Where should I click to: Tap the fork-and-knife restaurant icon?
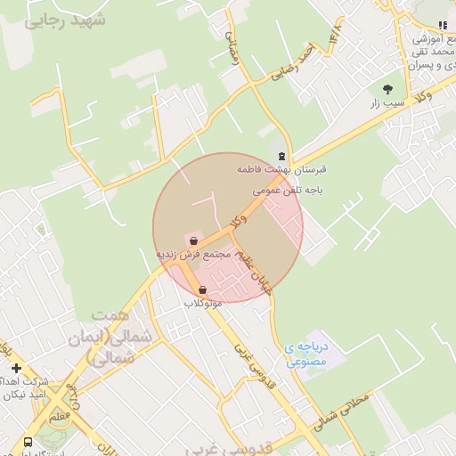pos(443,26)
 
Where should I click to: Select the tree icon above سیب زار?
pos(387,88)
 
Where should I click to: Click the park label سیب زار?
pos(387,103)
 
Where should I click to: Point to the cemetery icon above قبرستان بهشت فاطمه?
pos(282,156)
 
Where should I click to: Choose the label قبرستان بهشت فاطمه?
pos(282,169)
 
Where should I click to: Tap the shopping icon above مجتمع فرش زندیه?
pos(193,240)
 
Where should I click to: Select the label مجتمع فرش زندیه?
pos(193,255)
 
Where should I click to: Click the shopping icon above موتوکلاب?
pos(204,290)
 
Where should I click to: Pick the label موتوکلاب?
pos(203,304)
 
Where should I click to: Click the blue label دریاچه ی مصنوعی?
pos(307,354)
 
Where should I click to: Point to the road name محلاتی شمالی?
pos(342,408)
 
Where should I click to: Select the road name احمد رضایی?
pos(294,65)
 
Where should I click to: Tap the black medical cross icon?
pos(16,368)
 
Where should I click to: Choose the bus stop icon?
pos(28,442)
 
